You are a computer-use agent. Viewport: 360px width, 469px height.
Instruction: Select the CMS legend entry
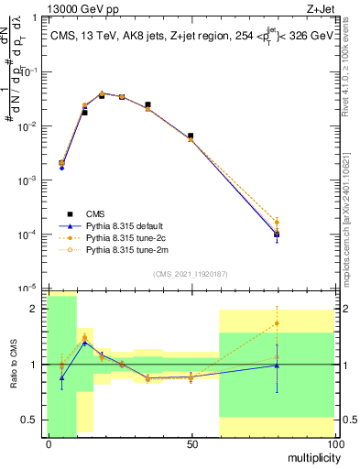[96, 213]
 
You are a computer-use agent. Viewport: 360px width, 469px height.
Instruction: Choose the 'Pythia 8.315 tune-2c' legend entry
[125, 236]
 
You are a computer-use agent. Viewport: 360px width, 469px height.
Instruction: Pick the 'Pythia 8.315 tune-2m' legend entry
[125, 248]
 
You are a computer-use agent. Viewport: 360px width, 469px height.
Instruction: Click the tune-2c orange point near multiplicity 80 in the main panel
[277, 222]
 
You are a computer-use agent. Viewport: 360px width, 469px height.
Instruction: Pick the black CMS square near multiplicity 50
[191, 136]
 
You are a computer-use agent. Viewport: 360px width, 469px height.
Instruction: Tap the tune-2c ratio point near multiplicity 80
[277, 323]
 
